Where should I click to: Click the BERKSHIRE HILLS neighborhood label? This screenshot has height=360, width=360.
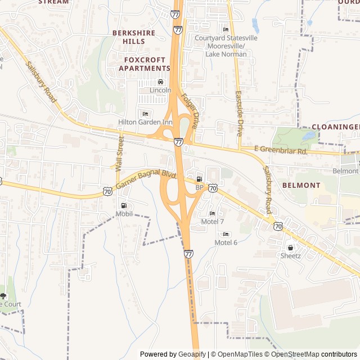[134, 37]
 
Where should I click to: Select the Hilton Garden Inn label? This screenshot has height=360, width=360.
[145, 122]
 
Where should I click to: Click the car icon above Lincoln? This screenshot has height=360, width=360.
[160, 82]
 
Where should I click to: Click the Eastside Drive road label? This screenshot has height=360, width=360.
[240, 114]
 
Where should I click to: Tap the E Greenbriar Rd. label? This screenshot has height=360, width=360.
[281, 150]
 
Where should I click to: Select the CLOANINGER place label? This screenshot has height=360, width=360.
[335, 127]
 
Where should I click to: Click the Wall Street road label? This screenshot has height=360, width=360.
[119, 152]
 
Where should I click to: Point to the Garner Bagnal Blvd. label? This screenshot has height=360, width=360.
[146, 179]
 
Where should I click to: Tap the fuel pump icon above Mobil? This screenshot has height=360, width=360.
[123, 205]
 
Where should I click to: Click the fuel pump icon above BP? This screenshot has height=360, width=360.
[199, 179]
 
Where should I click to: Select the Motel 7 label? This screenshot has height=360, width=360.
[212, 222]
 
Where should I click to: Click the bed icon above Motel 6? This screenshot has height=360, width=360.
[226, 234]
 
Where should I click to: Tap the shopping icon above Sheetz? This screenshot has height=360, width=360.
[290, 247]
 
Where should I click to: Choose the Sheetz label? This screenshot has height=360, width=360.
[291, 256]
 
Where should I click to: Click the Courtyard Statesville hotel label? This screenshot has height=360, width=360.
[226, 38]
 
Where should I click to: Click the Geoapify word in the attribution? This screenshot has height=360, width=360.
[192, 354]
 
